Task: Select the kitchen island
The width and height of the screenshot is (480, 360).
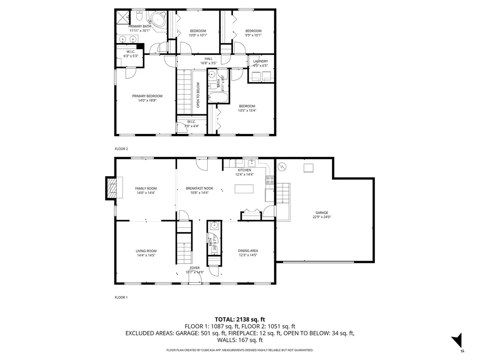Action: coord(244,189)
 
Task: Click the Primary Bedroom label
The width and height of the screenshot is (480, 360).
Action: coord(147,96)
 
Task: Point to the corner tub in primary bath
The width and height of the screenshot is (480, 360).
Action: coord(155,20)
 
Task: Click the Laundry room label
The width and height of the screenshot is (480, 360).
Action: coord(260,61)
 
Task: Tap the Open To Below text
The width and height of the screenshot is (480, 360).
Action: coord(198,95)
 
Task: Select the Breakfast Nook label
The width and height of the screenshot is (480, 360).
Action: coord(200,188)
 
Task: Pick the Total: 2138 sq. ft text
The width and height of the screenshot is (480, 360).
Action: coord(240,319)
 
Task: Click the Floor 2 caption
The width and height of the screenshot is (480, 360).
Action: coord(121,149)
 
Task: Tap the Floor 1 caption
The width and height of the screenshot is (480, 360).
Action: coord(121,297)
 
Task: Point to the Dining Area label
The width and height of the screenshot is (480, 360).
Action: coord(247,251)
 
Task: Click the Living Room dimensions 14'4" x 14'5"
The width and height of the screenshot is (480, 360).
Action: coord(146,256)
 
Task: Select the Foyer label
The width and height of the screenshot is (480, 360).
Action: coord(195,268)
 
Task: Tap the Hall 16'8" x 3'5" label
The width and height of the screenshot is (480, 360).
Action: coord(209,61)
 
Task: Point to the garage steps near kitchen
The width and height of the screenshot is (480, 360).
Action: coord(283,193)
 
